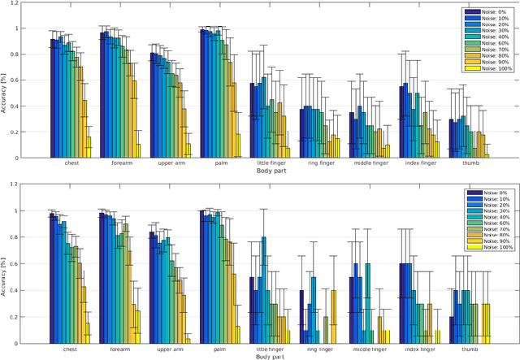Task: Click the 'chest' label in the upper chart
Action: pyautogui.click(x=71, y=163)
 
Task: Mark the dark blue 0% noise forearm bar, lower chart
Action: pyautogui.click(x=102, y=276)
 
